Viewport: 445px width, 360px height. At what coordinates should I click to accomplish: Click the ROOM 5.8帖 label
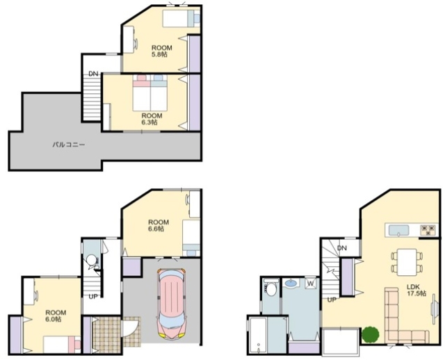click(162, 51)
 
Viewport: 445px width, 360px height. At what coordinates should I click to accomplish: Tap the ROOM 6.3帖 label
click(152, 119)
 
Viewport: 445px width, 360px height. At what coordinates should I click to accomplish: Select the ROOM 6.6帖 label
click(159, 226)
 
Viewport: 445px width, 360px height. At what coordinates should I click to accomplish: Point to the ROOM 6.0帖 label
click(56, 316)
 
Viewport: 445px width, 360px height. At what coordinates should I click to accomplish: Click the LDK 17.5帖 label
click(416, 290)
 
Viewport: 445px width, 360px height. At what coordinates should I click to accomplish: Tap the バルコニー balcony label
click(69, 145)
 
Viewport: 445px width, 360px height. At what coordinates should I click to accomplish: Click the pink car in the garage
click(172, 304)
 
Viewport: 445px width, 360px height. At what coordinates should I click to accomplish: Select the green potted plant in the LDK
click(371, 334)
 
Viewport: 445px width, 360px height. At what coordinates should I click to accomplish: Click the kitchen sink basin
click(398, 230)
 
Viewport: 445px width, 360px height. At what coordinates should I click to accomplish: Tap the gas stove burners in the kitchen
click(428, 230)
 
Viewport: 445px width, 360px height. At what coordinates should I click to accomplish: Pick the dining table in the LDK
click(407, 262)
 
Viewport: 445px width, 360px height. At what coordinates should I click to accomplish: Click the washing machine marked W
click(311, 283)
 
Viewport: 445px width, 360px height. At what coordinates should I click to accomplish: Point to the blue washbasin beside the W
click(291, 283)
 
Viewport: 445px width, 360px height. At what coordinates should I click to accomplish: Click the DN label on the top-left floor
click(93, 74)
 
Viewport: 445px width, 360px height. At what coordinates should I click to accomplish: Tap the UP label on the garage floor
click(93, 297)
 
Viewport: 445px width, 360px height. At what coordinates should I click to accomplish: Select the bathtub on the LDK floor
click(258, 336)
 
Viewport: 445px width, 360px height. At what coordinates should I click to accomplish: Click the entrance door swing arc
click(136, 329)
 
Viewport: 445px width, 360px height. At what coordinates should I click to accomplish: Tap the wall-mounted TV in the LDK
click(433, 309)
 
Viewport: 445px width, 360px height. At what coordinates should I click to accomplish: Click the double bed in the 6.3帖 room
click(150, 92)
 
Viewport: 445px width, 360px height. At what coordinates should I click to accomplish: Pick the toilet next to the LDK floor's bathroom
click(270, 288)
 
